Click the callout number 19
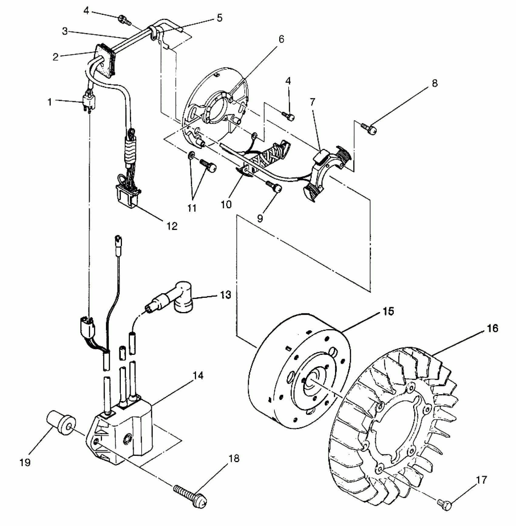pyautogui.click(x=25, y=462)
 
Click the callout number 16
pyautogui.click(x=493, y=328)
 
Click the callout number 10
pyautogui.click(x=226, y=204)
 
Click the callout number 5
pyautogui.click(x=219, y=18)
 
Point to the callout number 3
pyautogui.click(x=65, y=31)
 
